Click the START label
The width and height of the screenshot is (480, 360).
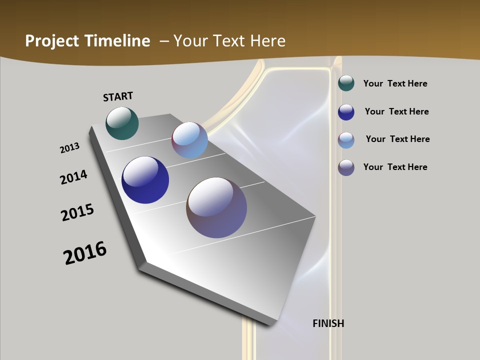[118, 96]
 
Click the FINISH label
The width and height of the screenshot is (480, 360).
[328, 323]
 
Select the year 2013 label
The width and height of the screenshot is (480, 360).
[69, 148]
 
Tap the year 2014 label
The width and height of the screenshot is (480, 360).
[73, 177]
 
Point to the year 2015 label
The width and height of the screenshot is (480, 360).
[77, 212]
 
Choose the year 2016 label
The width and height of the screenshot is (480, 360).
[85, 253]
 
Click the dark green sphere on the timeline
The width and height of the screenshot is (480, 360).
[122, 123]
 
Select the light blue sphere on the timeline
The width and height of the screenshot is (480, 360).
[190, 140]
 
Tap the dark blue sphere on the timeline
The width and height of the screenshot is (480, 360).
[145, 180]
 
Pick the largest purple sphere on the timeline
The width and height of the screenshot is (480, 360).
[216, 207]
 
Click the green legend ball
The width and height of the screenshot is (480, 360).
[346, 83]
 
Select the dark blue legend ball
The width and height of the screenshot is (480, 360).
[346, 112]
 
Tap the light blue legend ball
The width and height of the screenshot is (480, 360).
[346, 140]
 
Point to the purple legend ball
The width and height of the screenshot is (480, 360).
[346, 167]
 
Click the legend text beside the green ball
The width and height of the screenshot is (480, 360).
[395, 83]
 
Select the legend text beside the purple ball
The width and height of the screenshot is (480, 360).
[395, 167]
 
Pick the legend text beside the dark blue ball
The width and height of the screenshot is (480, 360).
[396, 111]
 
